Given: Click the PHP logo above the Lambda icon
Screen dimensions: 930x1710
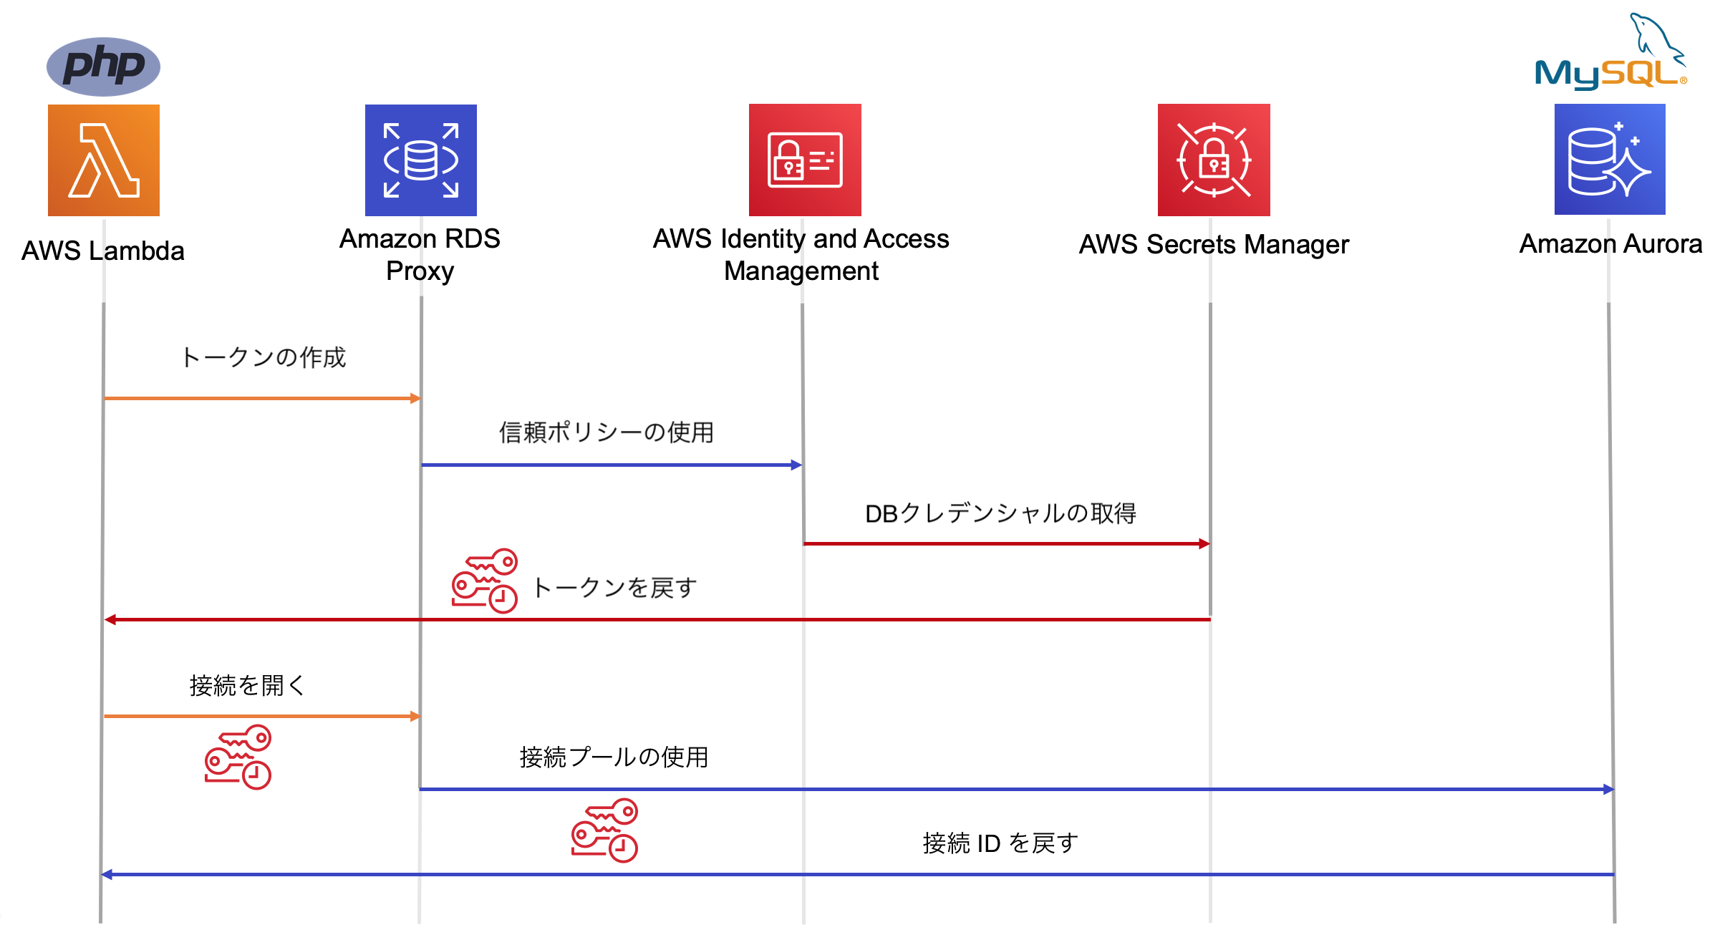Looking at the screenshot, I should click(x=103, y=66).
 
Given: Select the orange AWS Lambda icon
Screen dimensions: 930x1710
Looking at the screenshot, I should click(x=104, y=160).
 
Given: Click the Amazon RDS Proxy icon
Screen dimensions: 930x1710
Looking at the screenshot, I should click(x=421, y=160).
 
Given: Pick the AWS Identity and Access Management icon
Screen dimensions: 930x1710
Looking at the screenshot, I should click(x=805, y=160).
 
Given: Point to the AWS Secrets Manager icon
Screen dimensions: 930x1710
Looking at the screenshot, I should click(x=1214, y=160).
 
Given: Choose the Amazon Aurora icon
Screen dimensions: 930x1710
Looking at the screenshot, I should click(x=1610, y=160).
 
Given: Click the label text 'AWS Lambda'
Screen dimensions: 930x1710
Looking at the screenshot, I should click(x=103, y=251).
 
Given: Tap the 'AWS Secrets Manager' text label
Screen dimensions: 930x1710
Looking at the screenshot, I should click(x=1214, y=245).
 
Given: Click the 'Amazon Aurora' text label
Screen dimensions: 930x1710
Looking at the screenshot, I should click(x=1610, y=244).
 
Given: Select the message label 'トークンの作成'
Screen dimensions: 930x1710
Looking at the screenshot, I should click(x=264, y=357).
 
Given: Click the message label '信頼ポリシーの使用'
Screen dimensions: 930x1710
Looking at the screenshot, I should click(x=607, y=432).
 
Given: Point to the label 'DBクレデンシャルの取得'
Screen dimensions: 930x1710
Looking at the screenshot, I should click(x=1000, y=513).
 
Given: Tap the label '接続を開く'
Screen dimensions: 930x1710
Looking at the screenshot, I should click(x=247, y=685).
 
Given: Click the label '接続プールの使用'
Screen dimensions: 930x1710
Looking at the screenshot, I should click(x=614, y=757).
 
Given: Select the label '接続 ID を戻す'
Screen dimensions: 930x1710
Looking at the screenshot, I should click(x=1000, y=843).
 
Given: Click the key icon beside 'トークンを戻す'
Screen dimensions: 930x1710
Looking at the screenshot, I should click(x=485, y=581).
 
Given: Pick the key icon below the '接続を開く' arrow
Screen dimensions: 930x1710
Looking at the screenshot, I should click(x=238, y=757).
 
